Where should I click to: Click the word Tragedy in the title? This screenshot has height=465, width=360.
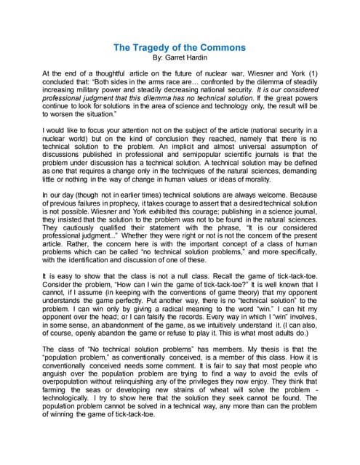coord(157,48)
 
